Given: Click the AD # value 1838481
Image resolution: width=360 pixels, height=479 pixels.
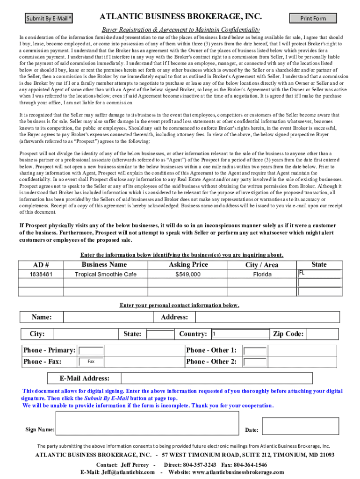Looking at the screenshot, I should [x=41, y=274].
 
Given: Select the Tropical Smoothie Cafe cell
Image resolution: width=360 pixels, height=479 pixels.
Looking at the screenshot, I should [x=106, y=274].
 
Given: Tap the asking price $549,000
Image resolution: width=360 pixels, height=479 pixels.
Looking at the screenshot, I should [x=188, y=274].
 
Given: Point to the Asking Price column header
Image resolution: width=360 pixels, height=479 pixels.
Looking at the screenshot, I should [x=188, y=265].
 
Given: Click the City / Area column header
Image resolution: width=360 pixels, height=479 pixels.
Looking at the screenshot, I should [x=262, y=265].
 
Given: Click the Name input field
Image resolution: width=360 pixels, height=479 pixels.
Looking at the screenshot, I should [x=103, y=317].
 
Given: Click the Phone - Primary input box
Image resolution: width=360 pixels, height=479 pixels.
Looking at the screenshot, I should [x=91, y=351].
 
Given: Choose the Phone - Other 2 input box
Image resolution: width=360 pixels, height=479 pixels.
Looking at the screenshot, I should [x=255, y=362].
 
